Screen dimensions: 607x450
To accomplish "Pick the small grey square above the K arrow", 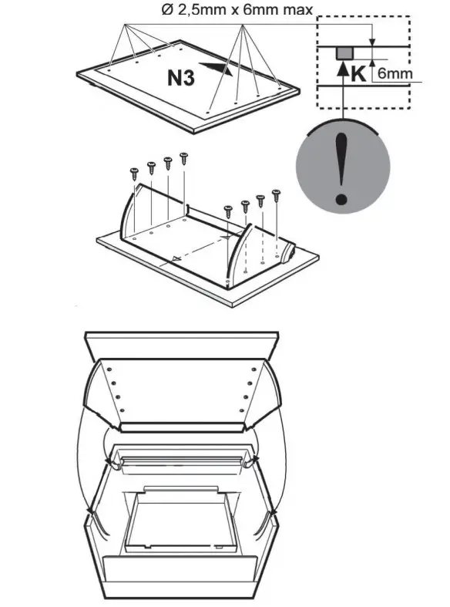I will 344,53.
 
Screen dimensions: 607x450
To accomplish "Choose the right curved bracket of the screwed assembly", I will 237,258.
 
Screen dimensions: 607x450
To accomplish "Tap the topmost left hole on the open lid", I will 112,369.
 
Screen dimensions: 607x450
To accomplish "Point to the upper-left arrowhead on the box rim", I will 114,463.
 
